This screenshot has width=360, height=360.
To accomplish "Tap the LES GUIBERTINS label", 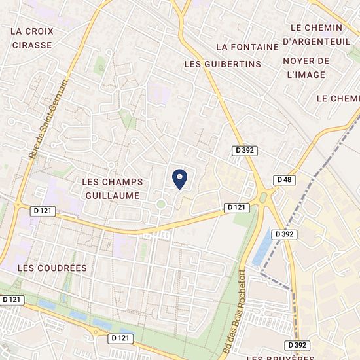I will pos(223,64).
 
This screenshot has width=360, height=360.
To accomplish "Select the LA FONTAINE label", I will pos(243,47).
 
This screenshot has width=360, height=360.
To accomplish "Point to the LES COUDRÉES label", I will pos(52,268).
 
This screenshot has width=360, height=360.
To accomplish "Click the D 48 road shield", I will pos(284,179).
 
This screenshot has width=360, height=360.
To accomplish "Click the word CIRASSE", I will pos(32,45).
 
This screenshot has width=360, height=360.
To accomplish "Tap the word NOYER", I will pos(298,61).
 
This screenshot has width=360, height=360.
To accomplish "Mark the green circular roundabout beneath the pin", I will pos(160,205).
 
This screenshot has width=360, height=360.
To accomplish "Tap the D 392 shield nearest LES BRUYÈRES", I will pos(297,344).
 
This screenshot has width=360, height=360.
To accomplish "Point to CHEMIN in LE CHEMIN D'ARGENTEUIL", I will pos(325,27).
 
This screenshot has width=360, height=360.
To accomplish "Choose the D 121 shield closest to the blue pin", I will pos(238,207).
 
